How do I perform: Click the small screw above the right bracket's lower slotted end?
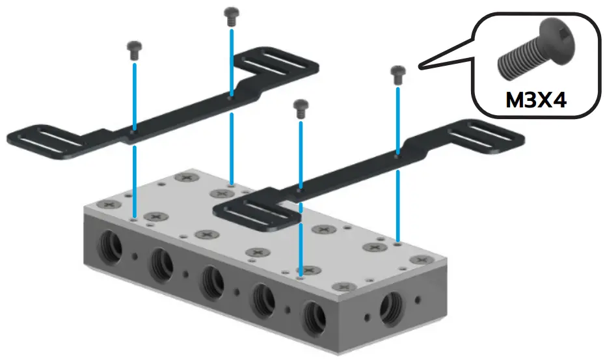coord(300,108)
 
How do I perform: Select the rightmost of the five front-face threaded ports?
coord(315,315)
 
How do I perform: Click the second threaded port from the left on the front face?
coord(160,263)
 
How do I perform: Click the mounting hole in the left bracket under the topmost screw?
coord(231,98)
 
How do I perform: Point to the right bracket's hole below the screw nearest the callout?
coord(397,156)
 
